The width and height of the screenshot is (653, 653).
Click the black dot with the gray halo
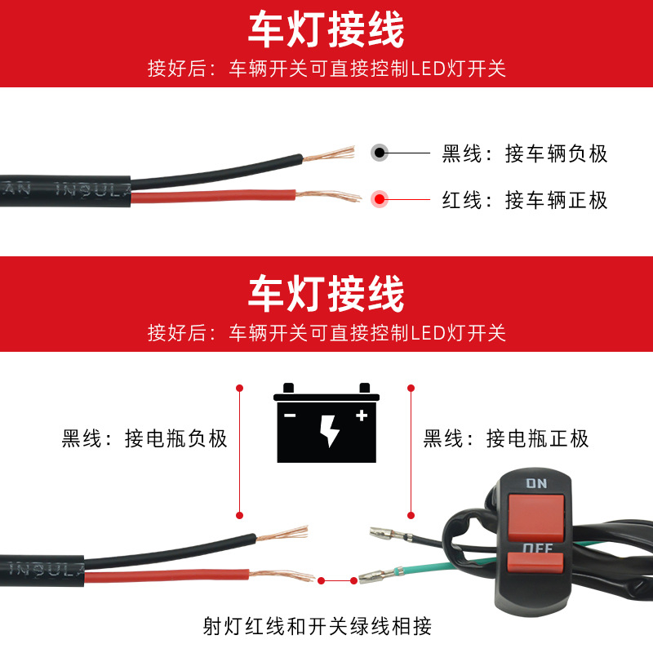tap(380, 153)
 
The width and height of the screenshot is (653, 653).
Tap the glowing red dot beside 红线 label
tap(380, 198)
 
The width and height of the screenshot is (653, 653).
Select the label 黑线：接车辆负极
tap(525, 153)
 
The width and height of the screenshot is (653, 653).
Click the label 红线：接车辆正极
tap(525, 199)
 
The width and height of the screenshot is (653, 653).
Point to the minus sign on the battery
tap(290, 415)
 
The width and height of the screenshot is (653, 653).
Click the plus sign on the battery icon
tap(362, 415)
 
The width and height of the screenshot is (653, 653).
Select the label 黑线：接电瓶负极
tap(144, 439)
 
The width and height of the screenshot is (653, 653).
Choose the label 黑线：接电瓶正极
tap(506, 439)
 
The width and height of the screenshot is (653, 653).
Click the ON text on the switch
tap(536, 483)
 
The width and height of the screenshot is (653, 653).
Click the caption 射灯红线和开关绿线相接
tap(318, 627)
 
